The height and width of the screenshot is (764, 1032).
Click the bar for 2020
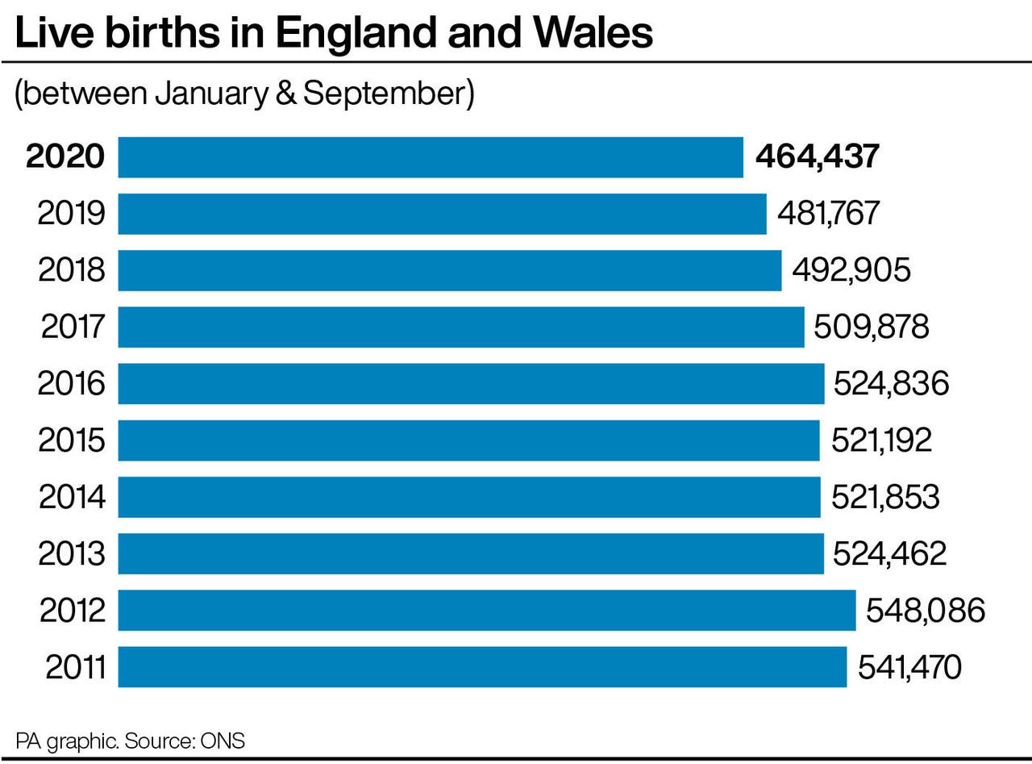click(x=431, y=157)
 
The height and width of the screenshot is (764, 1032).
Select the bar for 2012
click(x=486, y=611)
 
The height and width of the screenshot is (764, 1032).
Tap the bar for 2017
click(x=460, y=327)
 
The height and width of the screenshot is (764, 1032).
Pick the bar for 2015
click(x=468, y=440)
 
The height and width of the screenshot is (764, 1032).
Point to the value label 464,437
click(x=817, y=157)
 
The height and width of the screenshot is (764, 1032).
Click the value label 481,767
click(x=828, y=214)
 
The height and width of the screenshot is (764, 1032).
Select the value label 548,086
click(x=926, y=611)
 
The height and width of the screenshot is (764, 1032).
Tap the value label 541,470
click(x=909, y=667)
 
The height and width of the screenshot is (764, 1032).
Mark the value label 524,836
click(x=891, y=384)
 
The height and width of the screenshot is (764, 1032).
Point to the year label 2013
click(x=72, y=554)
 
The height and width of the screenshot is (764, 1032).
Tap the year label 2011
click(x=76, y=667)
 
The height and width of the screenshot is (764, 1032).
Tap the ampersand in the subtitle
click(x=286, y=94)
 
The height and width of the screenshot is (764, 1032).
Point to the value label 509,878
click(x=872, y=327)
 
